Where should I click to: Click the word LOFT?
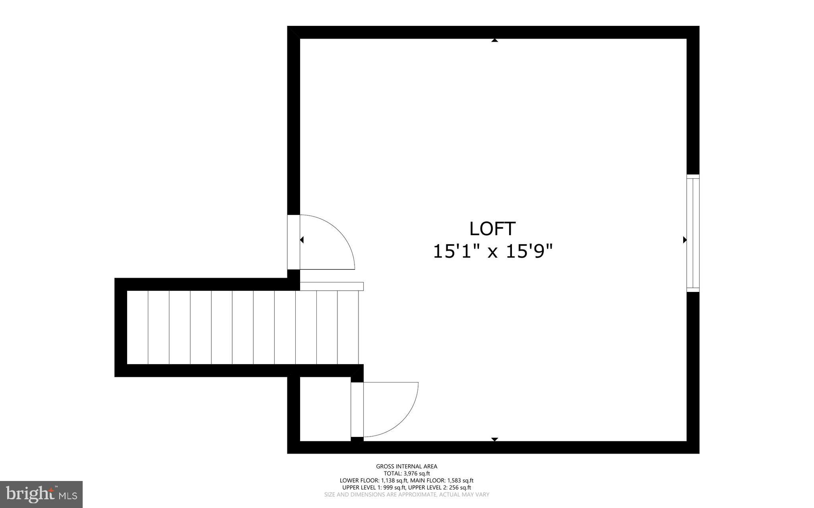pyautogui.click(x=492, y=229)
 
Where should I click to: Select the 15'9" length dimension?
pyautogui.click(x=529, y=251)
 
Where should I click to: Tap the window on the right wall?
pyautogui.click(x=693, y=233)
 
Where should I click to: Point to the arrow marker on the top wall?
pyautogui.click(x=494, y=40)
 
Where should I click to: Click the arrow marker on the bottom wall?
pyautogui.click(x=494, y=439)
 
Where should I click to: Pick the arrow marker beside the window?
pyautogui.click(x=684, y=240)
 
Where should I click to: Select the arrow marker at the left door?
pyautogui.click(x=302, y=240)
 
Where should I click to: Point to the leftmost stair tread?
pyautogui.click(x=138, y=327)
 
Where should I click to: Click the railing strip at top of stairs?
pyautogui.click(x=331, y=286)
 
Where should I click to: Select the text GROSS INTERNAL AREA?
pyautogui.click(x=407, y=467)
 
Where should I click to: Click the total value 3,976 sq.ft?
pyautogui.click(x=417, y=473)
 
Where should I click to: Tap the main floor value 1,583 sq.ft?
pyautogui.click(x=460, y=481)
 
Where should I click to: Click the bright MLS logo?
pyautogui.click(x=41, y=494)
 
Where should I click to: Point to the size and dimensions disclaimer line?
pyautogui.click(x=407, y=495)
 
